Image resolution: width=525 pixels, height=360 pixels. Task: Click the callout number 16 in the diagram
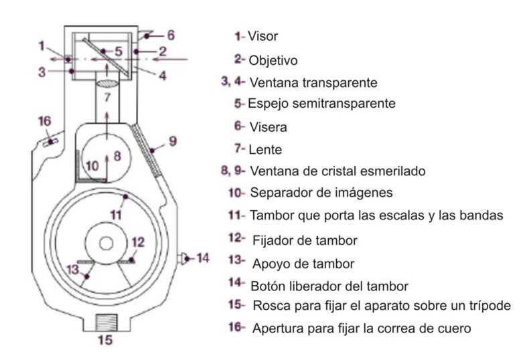pos(44,121)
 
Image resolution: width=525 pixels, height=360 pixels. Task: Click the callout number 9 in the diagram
pos(172,141)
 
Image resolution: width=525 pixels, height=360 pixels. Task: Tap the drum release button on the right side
pos(183,258)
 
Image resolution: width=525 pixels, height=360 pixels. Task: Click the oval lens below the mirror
pos(106,83)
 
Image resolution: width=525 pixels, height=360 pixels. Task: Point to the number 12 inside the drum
pos(137,242)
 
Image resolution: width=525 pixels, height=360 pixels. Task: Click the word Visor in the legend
pos(262,36)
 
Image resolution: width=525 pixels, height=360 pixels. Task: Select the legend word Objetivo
pos(273,60)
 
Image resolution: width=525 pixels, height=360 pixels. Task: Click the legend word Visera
pos(267,126)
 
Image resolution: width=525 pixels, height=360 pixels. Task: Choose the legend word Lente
pos(265,149)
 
